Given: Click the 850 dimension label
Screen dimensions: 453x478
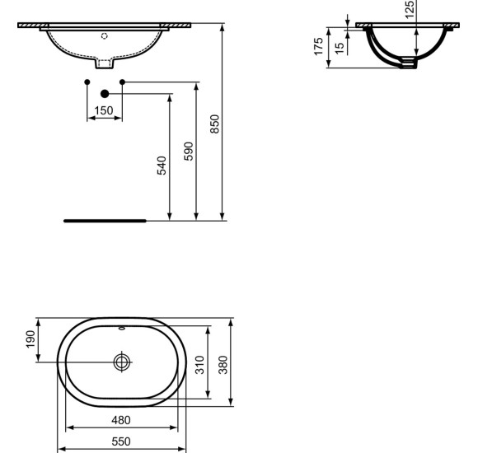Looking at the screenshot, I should tap(215, 124).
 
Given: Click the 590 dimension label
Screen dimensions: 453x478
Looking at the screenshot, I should tap(189, 152).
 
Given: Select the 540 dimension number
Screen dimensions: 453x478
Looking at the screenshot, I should tap(162, 165).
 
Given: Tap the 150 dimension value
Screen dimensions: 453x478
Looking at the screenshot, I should tap(104, 111).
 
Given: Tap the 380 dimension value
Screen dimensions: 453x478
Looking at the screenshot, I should tap(221, 362).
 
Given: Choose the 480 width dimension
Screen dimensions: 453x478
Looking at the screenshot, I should tap(121, 419).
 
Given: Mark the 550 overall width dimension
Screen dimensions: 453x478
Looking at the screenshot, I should tap(121, 441).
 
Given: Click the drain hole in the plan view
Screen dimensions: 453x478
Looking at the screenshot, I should tap(122, 362).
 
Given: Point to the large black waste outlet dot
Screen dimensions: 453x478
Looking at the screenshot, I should tap(104, 94).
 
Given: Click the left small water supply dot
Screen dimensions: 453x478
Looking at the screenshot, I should tap(87, 82).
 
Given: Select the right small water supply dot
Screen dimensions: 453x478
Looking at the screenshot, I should tap(122, 82).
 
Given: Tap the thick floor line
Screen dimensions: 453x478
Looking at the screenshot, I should tap(105, 221).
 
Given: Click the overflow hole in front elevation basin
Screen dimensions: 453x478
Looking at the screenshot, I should tap(104, 35).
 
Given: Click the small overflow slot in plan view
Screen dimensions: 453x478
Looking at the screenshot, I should tap(122, 329).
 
